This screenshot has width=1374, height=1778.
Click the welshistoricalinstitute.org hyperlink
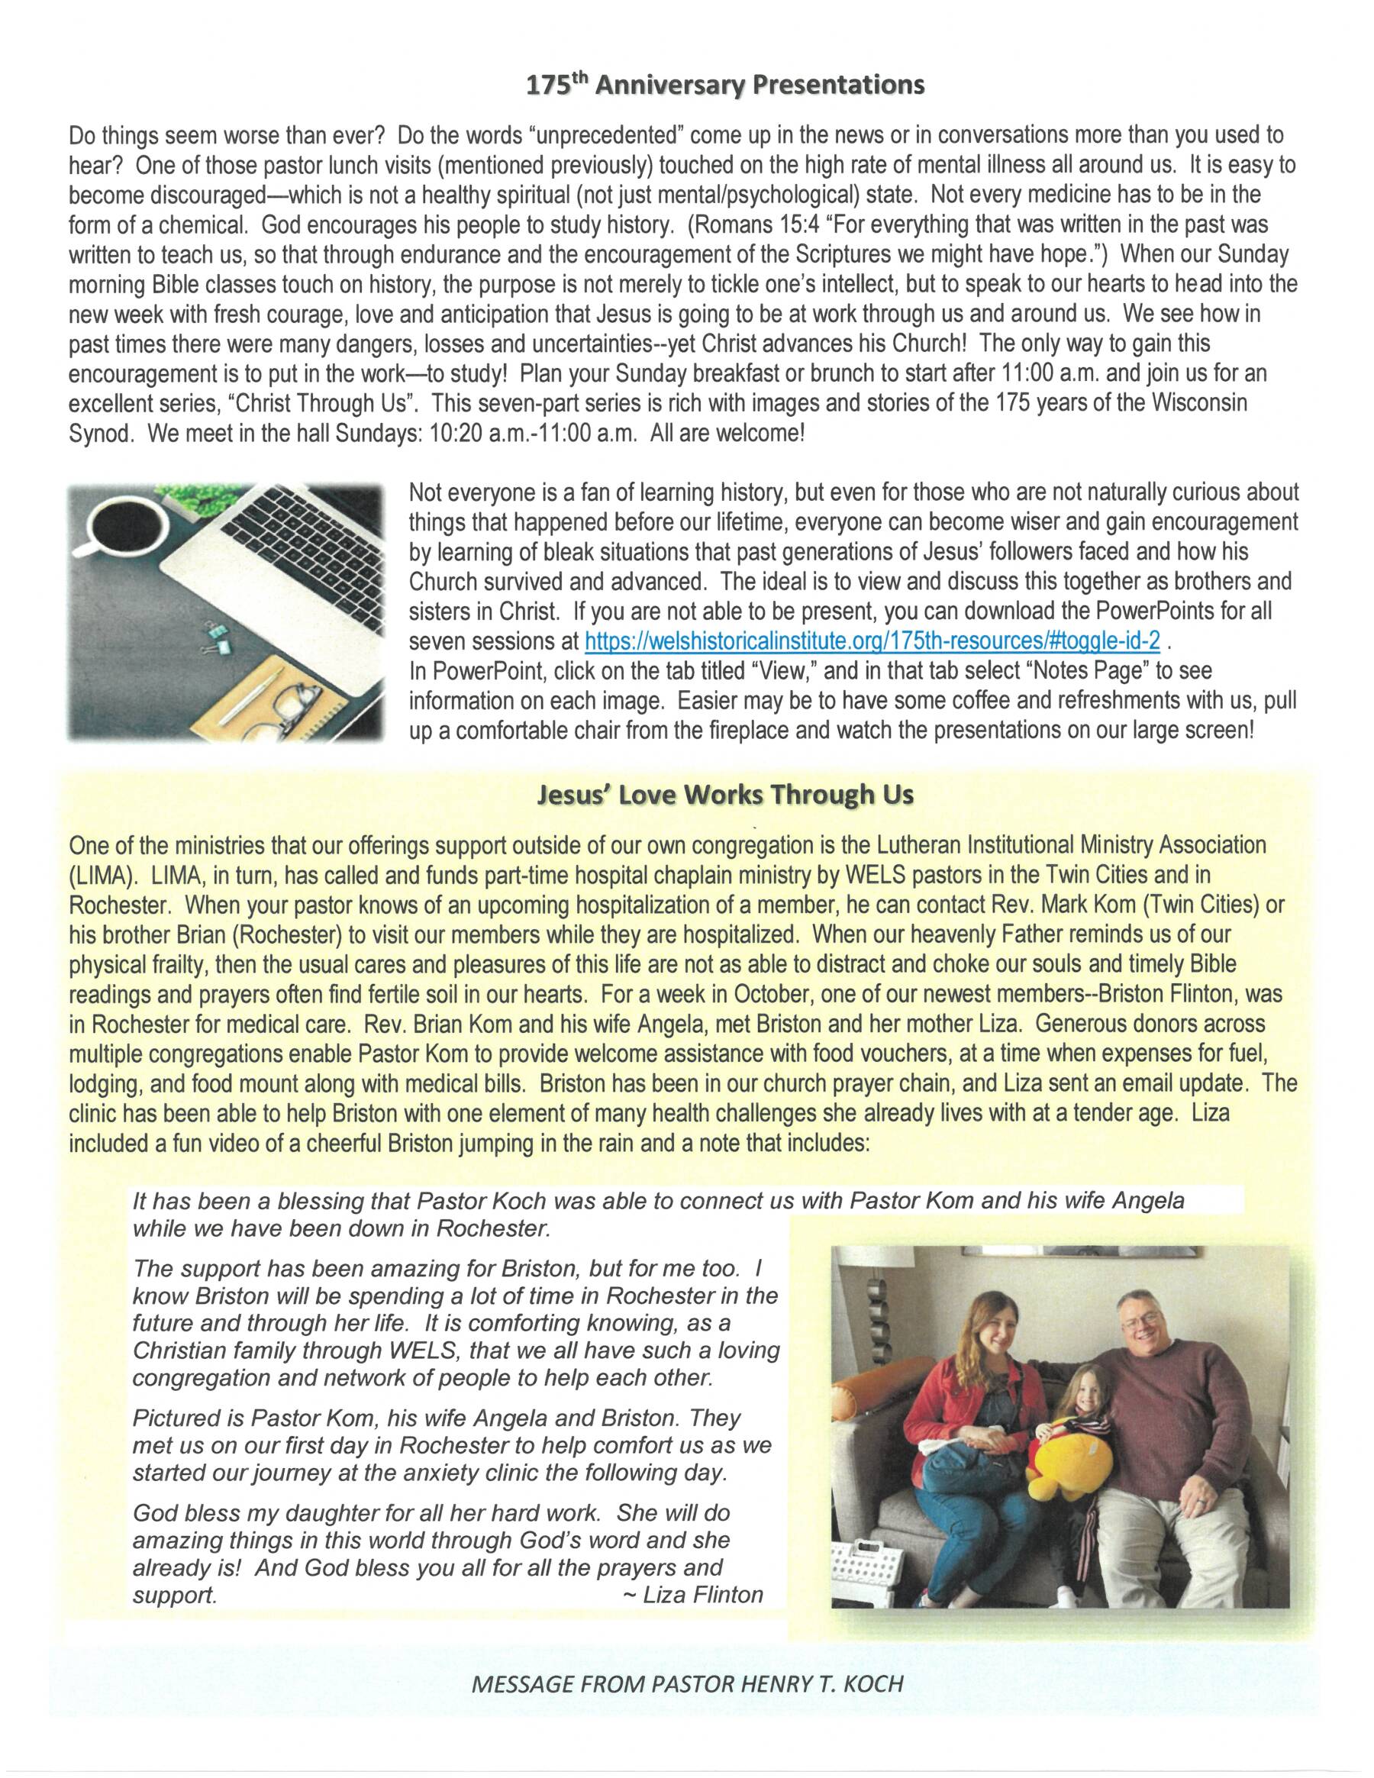click(x=872, y=641)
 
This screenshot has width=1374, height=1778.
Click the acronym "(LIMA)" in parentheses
click(x=101, y=874)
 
